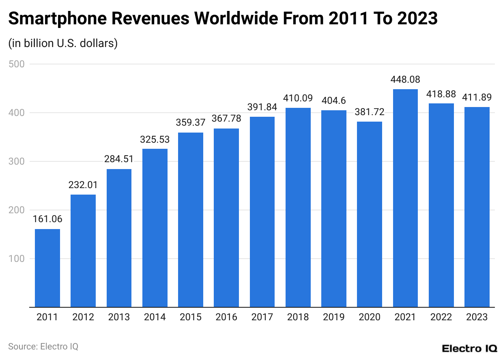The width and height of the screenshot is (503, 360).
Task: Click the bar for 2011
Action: point(47,268)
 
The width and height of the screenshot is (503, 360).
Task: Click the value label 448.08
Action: point(405,79)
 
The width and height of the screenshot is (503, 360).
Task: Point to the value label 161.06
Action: point(47,219)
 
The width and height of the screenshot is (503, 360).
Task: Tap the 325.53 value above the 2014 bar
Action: point(155,139)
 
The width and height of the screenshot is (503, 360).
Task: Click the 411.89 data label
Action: point(477,97)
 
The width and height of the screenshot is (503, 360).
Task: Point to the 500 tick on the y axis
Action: point(17,64)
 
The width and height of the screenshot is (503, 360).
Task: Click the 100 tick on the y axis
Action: point(17,259)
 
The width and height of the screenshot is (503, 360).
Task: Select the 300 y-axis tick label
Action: point(17,161)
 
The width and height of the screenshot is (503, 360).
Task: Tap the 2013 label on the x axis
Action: point(119,317)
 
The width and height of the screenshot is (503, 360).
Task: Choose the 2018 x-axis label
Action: point(298,317)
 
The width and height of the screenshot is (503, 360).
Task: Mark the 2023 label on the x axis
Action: point(477,317)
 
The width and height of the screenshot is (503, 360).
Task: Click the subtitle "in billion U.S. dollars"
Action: point(63,43)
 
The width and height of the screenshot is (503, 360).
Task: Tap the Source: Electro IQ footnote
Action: point(43,347)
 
